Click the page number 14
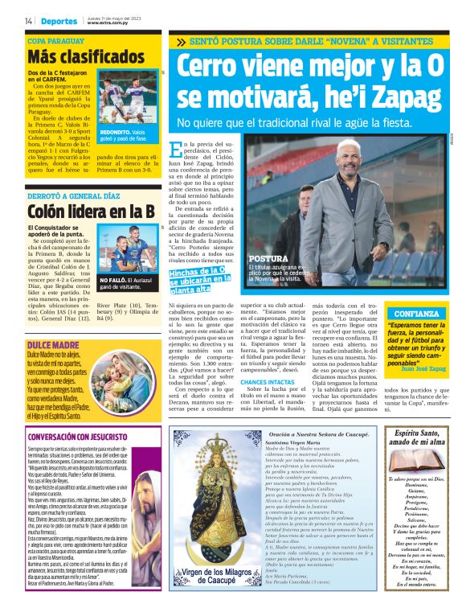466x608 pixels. click(27, 20)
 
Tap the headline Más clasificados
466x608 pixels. click(85, 57)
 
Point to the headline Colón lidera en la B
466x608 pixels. click(91, 211)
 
